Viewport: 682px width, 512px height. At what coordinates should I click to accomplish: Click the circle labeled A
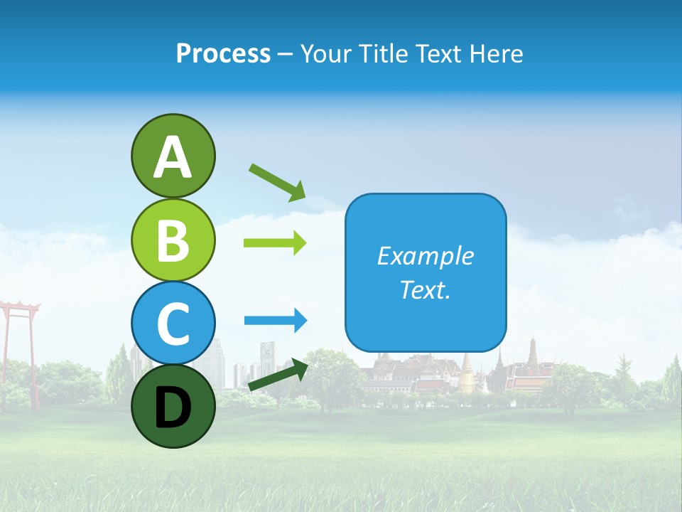[x=173, y=156]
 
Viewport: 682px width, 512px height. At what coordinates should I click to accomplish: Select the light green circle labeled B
[x=173, y=240]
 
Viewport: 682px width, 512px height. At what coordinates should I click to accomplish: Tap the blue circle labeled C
[x=173, y=323]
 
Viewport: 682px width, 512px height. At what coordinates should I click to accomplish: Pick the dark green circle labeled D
[x=173, y=406]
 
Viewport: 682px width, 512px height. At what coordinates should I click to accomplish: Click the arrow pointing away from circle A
[x=277, y=181]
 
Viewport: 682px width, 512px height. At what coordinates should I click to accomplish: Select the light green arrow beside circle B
[x=275, y=243]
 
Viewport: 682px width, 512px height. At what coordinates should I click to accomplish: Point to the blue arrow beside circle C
[x=275, y=321]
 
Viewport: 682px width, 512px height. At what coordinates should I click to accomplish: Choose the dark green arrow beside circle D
[x=278, y=375]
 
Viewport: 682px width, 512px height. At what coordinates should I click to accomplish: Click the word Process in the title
[x=223, y=54]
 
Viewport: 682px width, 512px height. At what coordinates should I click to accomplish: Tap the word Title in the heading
[x=379, y=54]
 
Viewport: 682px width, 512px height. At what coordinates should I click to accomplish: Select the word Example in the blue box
[x=425, y=256]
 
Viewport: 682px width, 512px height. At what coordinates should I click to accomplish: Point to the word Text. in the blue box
[x=425, y=289]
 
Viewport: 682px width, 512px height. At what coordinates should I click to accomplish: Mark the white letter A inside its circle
[x=173, y=157]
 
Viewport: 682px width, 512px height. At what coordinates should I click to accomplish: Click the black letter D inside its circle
[x=173, y=408]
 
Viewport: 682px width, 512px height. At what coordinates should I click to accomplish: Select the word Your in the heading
[x=325, y=54]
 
